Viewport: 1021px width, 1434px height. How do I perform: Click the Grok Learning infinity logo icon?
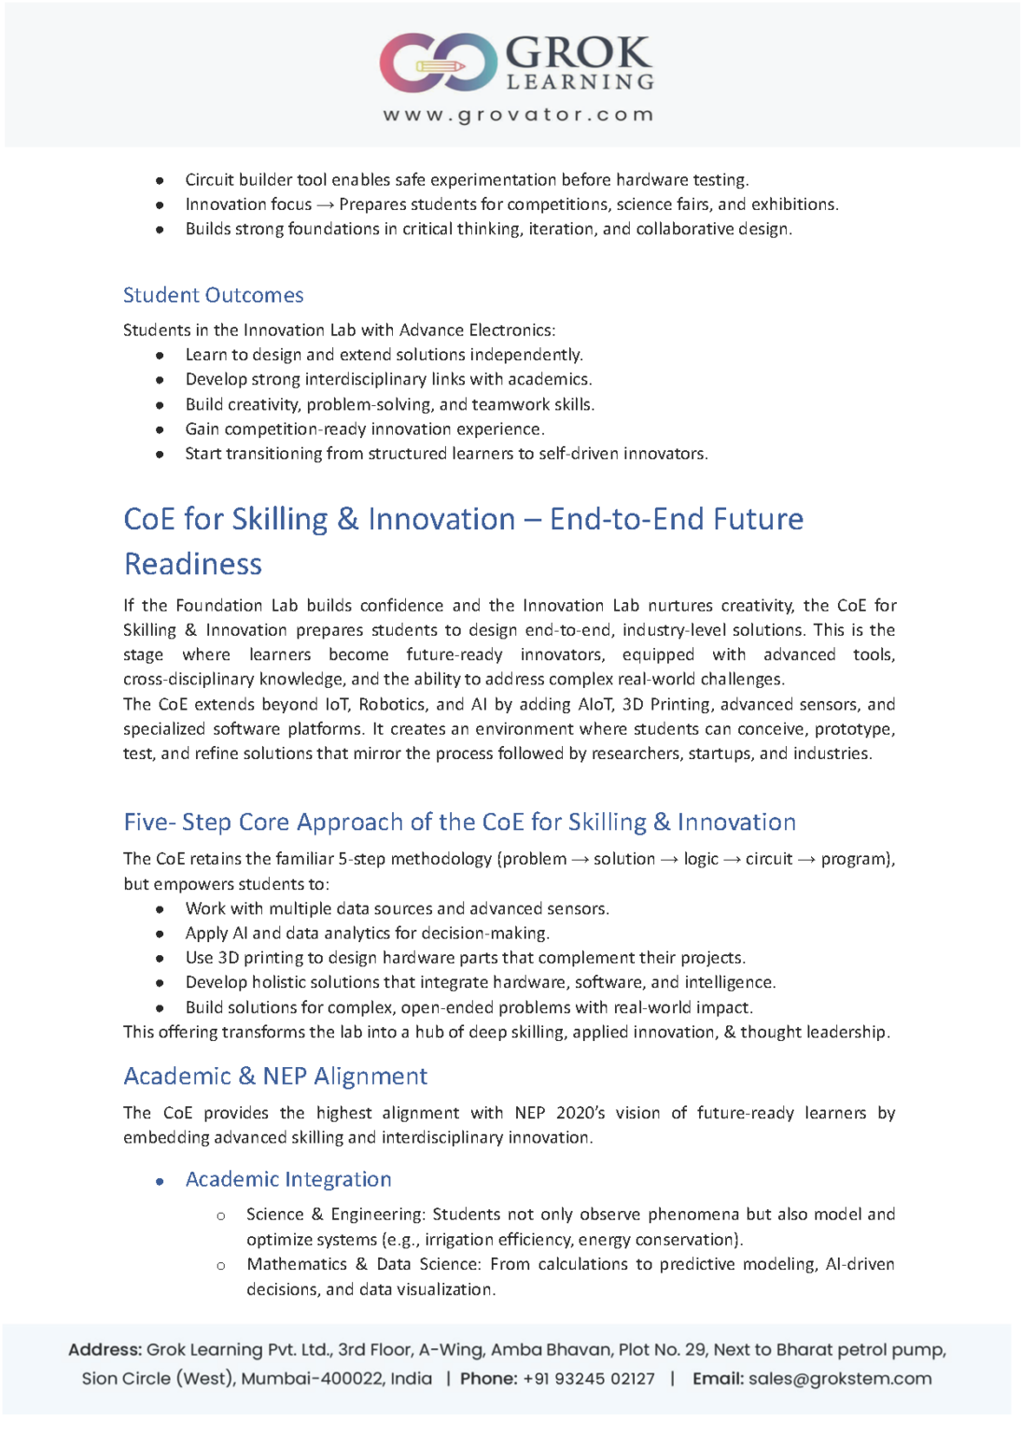pyautogui.click(x=437, y=63)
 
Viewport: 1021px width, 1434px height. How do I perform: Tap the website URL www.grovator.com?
pyautogui.click(x=518, y=115)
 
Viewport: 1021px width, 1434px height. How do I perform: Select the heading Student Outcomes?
pyautogui.click(x=213, y=295)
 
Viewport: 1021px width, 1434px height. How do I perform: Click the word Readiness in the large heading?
pyautogui.click(x=193, y=564)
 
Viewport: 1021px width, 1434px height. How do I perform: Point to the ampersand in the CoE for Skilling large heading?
pyautogui.click(x=347, y=519)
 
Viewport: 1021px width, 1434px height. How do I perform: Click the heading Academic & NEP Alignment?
pyautogui.click(x=275, y=1076)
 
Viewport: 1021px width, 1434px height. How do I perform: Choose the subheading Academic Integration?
pyautogui.click(x=288, y=1179)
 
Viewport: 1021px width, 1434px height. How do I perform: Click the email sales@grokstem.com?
pyautogui.click(x=840, y=1379)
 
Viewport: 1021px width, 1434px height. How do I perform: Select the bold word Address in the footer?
pyautogui.click(x=105, y=1350)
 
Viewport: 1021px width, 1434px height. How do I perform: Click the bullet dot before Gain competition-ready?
pyautogui.click(x=161, y=429)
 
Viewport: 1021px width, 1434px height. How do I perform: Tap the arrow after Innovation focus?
pyautogui.click(x=325, y=204)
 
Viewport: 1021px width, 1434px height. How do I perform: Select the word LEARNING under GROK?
pyautogui.click(x=580, y=82)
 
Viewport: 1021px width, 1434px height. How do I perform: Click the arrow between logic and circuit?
pyautogui.click(x=732, y=859)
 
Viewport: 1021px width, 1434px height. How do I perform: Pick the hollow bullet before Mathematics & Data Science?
pyautogui.click(x=221, y=1266)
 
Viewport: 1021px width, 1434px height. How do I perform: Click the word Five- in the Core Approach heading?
pyautogui.click(x=149, y=822)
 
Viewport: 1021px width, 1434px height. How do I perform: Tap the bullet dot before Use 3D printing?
pyautogui.click(x=161, y=958)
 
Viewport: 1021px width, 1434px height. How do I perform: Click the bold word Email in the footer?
pyautogui.click(x=717, y=1379)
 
